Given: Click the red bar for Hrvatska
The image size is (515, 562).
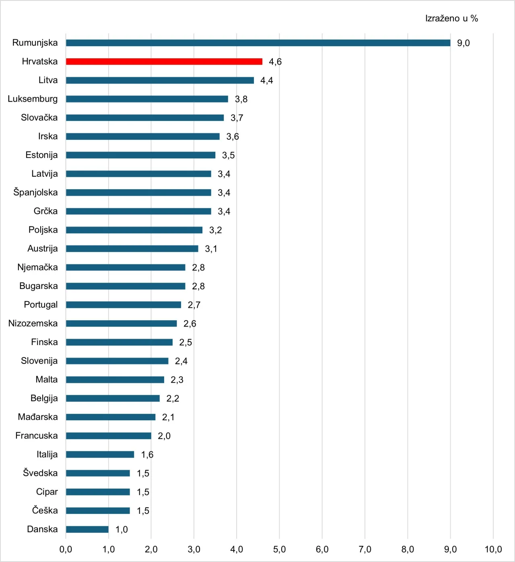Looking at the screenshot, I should [164, 61].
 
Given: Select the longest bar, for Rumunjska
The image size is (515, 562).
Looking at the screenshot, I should [258, 43].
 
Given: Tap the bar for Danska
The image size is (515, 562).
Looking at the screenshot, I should [87, 529].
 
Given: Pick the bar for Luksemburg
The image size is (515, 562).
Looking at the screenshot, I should [147, 99].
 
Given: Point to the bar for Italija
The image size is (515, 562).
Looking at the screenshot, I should [100, 454].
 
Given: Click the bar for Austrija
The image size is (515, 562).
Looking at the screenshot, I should [132, 249].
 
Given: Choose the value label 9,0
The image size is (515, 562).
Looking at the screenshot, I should [463, 43].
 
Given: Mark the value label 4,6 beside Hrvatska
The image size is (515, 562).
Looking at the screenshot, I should [275, 61].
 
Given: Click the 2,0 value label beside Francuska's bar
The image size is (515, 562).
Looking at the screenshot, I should [164, 436].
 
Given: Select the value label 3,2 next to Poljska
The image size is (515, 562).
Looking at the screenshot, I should [215, 230].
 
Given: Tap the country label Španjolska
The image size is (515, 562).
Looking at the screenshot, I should [35, 192].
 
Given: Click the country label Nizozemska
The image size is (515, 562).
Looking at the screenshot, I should [33, 323].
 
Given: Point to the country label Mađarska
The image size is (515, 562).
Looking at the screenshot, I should [38, 417].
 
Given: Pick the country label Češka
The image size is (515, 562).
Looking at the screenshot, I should [45, 511].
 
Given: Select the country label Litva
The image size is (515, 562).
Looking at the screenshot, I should [48, 80].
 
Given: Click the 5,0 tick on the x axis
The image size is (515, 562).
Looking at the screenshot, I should [279, 549].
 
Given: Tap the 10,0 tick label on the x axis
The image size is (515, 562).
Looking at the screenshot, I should [493, 549].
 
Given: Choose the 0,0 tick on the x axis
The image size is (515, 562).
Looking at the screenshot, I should [66, 549].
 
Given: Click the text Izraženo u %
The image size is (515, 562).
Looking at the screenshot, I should [451, 18].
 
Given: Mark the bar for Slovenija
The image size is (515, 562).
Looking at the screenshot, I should [117, 361].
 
